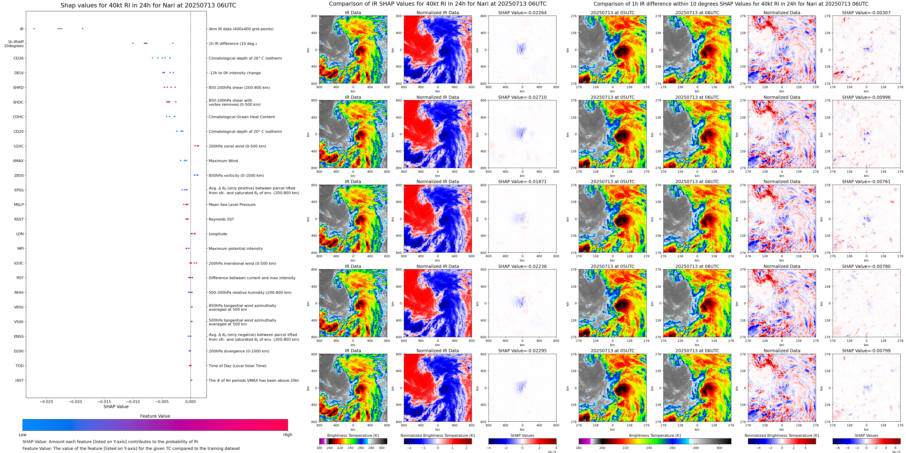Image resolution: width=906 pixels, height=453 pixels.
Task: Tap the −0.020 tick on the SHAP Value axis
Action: coord(75,401)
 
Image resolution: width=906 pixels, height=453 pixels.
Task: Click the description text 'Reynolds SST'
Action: coord(221,219)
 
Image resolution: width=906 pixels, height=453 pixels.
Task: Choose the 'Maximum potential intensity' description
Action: coord(236,248)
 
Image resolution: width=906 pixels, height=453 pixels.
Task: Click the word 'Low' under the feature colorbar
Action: coord(23,435)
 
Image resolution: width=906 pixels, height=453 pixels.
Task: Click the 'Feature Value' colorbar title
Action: coord(155,416)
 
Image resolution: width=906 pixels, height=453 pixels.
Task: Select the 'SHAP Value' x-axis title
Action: coord(116,407)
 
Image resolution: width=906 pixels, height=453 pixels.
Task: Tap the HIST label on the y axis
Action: coord(19,380)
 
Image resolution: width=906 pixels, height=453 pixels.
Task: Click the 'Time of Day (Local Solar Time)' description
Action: coord(237,366)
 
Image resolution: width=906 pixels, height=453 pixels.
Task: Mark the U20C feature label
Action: coord(19,146)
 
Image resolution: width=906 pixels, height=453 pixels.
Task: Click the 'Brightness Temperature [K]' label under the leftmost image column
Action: coord(353,435)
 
